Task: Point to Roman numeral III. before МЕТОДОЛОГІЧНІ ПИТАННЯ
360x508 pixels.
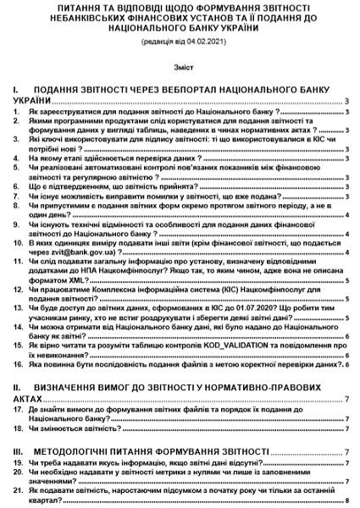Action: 19,452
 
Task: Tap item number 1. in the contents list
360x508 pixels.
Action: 18,110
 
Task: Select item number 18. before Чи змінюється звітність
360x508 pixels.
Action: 18,428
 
